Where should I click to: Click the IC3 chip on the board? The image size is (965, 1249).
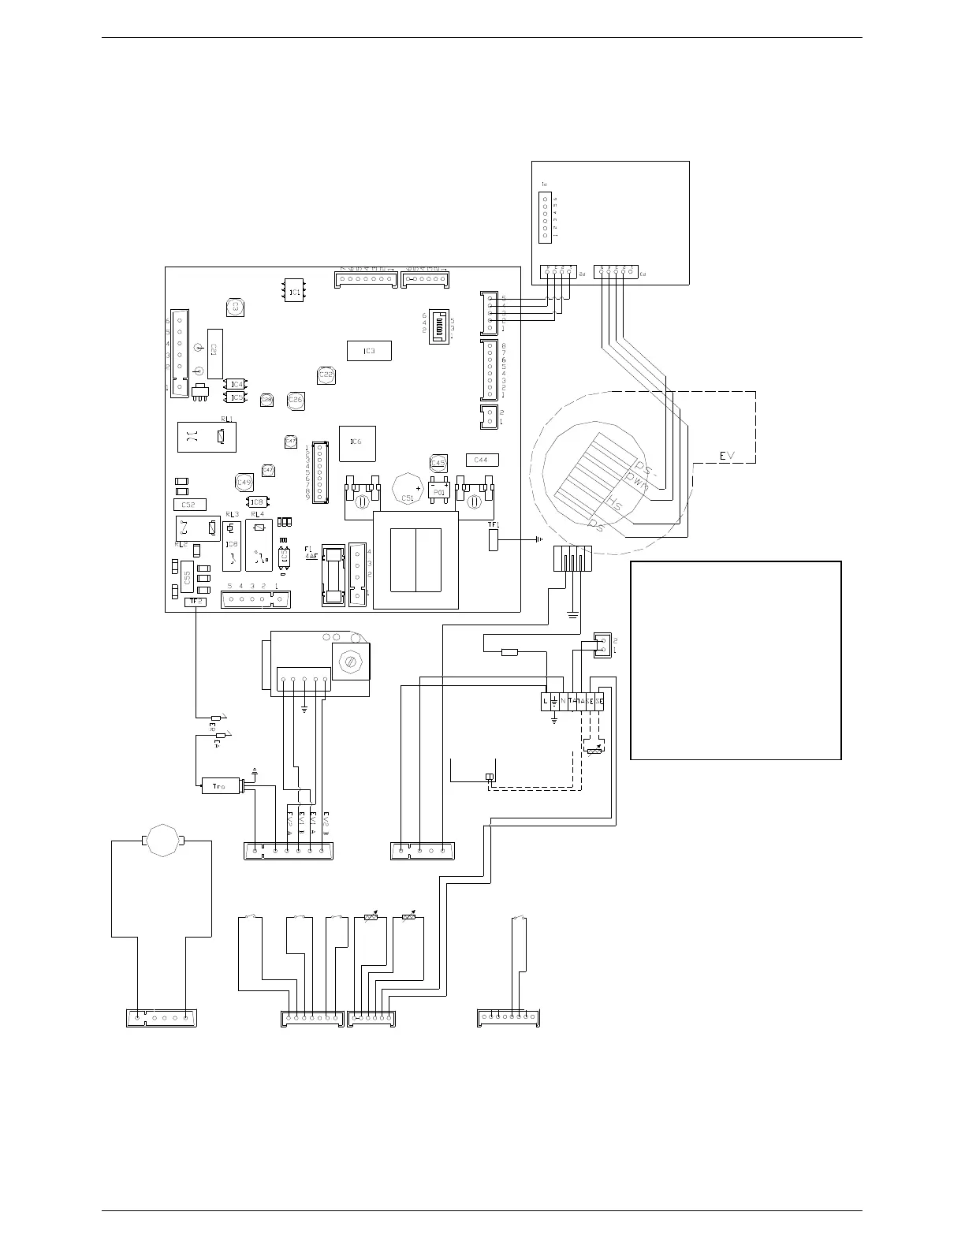369,351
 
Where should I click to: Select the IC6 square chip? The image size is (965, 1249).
356,443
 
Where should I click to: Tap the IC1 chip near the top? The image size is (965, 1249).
294,292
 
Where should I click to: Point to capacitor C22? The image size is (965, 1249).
326,375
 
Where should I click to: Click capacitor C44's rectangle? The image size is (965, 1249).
482,460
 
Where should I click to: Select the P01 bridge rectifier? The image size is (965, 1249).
440,492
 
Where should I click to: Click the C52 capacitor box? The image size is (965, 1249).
188,505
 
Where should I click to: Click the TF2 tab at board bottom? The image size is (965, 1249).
195,602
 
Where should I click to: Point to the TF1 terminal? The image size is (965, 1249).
494,540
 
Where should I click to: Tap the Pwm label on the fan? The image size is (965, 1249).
636,481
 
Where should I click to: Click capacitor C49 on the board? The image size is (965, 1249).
244,483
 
